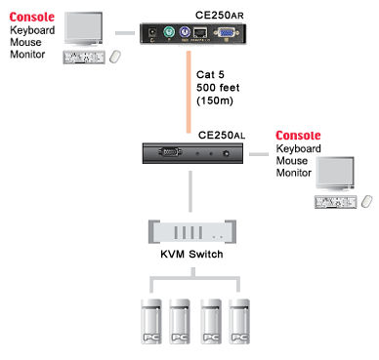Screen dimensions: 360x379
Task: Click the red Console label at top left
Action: (x=32, y=17)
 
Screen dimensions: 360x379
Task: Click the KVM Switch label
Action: (x=190, y=254)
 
